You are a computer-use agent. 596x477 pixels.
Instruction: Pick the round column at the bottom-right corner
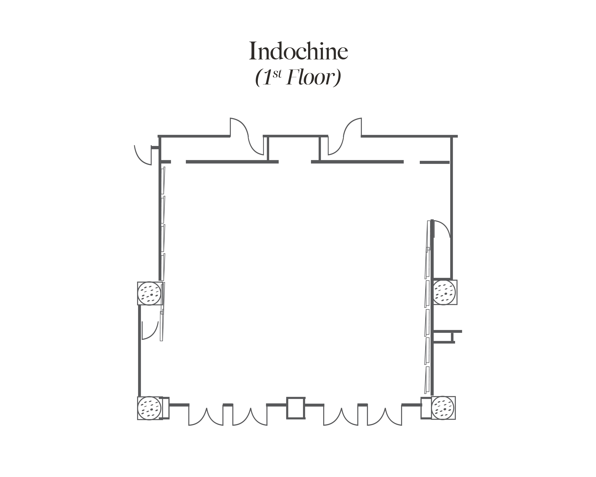(443, 408)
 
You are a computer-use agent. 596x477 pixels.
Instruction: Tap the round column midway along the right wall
(444, 292)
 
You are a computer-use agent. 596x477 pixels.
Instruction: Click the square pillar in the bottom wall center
(296, 408)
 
